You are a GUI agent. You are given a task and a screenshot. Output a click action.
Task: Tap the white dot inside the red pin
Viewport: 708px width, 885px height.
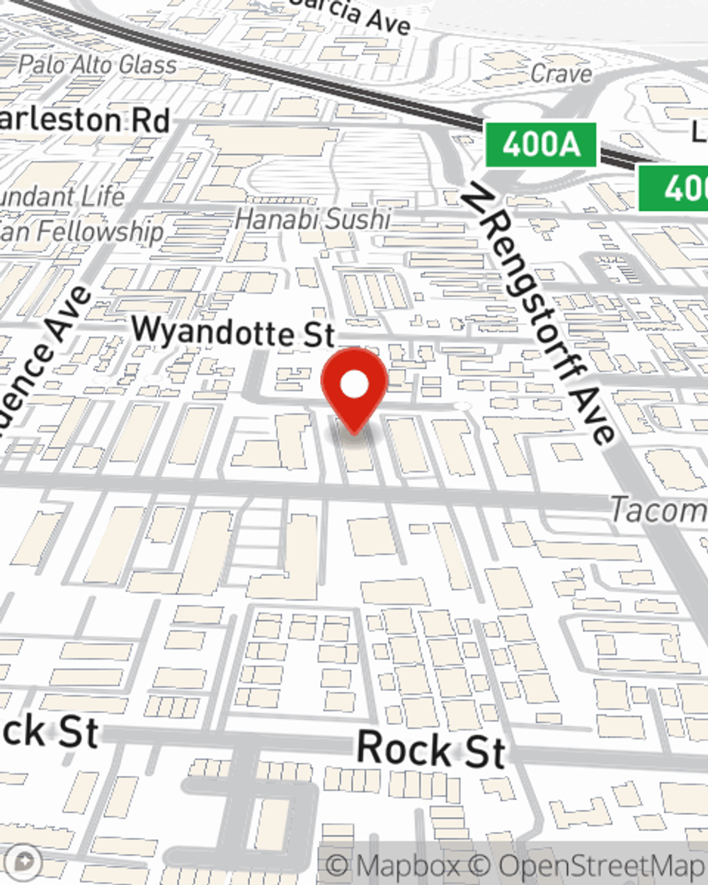pos(354,385)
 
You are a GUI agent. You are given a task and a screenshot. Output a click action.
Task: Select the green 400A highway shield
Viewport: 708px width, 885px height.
pos(541,145)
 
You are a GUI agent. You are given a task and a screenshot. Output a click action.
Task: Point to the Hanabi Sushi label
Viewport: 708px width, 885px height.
pos(312,219)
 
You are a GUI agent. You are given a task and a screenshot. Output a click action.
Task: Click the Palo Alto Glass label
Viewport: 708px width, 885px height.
pos(97,65)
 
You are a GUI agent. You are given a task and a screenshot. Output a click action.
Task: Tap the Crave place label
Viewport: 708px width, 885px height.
pos(561,73)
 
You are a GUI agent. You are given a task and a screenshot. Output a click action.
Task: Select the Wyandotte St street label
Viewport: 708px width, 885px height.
pos(233,331)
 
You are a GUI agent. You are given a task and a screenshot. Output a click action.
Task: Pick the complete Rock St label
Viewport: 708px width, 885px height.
pos(431,749)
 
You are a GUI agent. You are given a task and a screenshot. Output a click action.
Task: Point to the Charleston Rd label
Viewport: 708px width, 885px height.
pos(84,120)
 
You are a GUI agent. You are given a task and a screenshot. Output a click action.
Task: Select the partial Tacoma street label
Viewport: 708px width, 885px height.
pos(658,510)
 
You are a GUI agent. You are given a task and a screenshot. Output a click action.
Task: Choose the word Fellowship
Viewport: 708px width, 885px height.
pos(100,231)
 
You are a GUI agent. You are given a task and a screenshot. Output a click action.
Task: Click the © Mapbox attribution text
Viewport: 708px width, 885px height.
pos(394,865)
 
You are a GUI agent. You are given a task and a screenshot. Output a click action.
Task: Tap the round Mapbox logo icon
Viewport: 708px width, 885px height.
pos(23,862)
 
